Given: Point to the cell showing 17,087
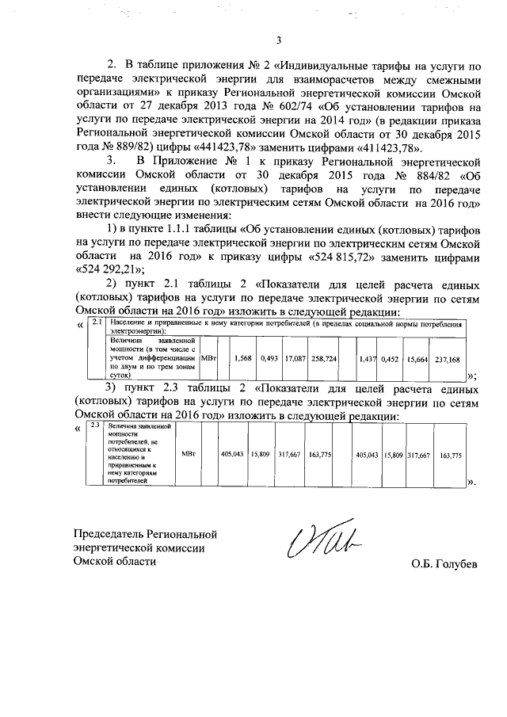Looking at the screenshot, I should pyautogui.click(x=295, y=359).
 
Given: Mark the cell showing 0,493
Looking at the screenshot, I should pyautogui.click(x=269, y=359).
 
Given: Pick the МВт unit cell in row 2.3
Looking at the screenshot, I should pyautogui.click(x=188, y=456).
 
